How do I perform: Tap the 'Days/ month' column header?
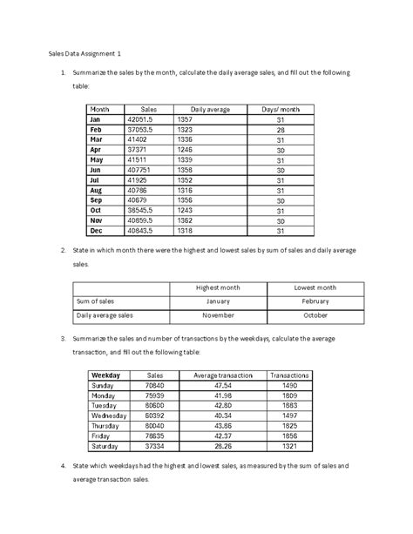[x=280, y=108]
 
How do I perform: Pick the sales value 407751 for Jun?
[x=139, y=171]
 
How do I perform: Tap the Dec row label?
[x=96, y=233]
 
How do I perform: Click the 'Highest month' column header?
[x=218, y=287]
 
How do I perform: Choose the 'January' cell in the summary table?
[x=218, y=301]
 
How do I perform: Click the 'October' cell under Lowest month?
[x=315, y=315]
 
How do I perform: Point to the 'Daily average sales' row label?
[x=105, y=315]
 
